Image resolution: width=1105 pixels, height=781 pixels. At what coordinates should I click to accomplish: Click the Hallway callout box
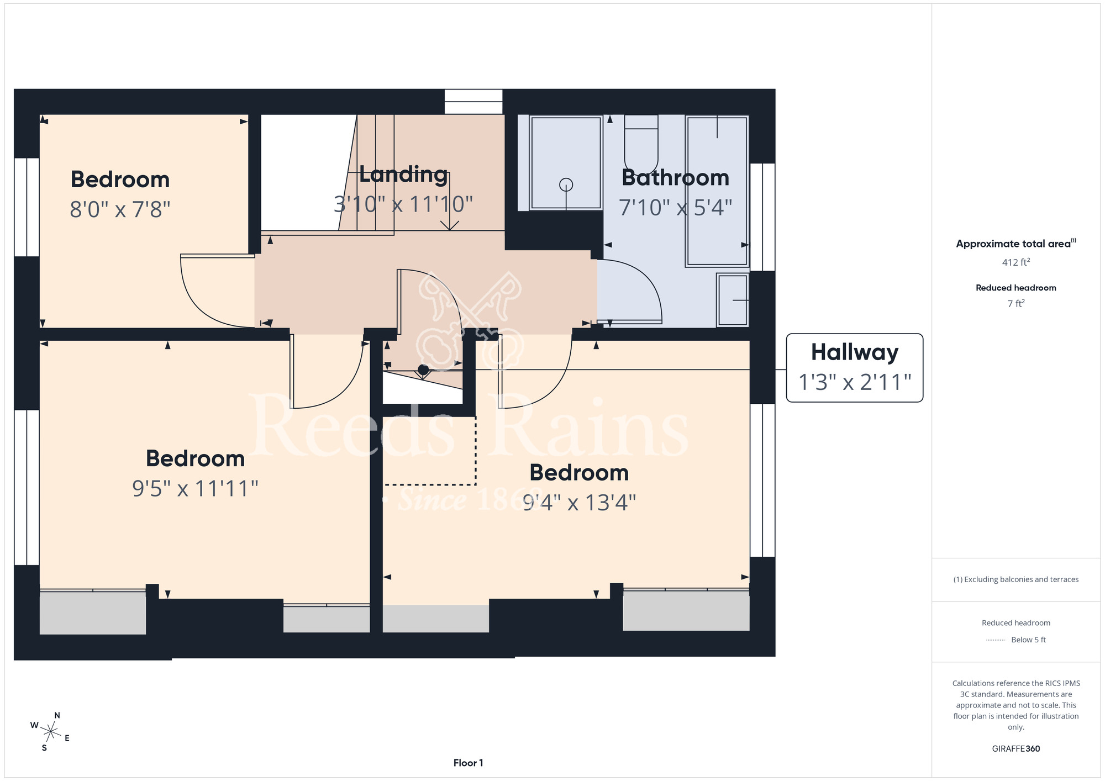click(854, 368)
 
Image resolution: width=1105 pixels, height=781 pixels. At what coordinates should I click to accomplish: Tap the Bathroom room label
click(675, 178)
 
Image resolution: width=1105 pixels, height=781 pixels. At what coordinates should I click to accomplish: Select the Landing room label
click(403, 175)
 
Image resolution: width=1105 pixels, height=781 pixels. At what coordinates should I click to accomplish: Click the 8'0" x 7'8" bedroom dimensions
click(120, 209)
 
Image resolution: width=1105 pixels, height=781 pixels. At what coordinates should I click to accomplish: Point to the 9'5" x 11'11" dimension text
click(195, 488)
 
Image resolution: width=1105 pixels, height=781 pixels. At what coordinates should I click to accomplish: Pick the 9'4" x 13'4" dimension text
click(579, 503)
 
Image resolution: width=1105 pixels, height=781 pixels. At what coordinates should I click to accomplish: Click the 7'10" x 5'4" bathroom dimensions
click(675, 208)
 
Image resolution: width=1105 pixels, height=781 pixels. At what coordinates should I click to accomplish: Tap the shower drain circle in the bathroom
click(566, 184)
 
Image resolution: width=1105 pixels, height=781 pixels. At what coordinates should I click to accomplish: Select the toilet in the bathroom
click(641, 143)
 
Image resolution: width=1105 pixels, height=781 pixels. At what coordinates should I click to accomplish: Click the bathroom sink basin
click(733, 300)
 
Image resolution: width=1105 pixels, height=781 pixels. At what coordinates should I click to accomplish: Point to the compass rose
click(50, 732)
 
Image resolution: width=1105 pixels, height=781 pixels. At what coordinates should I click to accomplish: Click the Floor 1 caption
click(468, 763)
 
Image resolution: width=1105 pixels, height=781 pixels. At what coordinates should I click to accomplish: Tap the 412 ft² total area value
click(1015, 262)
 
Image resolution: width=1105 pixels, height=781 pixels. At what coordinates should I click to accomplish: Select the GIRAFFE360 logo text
click(1015, 749)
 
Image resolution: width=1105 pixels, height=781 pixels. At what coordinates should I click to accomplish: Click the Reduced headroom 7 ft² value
click(1015, 303)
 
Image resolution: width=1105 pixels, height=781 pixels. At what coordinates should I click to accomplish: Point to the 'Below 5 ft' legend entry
click(1028, 640)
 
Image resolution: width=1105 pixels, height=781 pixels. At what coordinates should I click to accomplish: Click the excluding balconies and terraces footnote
click(1015, 579)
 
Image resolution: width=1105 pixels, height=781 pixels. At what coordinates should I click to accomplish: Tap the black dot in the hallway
click(423, 370)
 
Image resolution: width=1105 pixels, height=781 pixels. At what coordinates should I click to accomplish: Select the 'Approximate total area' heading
click(1015, 244)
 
